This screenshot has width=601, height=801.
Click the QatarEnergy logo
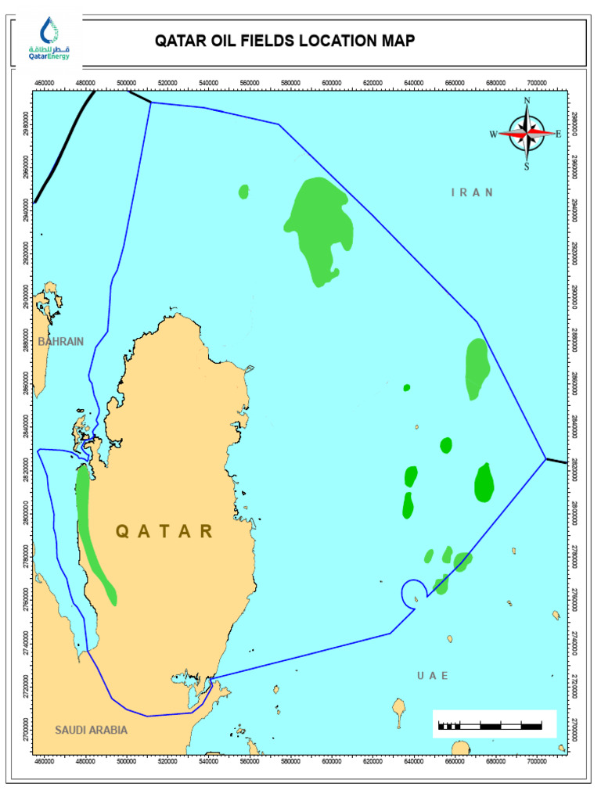tap(49, 38)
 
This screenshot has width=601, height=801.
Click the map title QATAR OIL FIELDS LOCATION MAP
tap(284, 41)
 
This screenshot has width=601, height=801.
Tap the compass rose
tap(527, 134)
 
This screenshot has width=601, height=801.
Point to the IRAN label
tap(473, 192)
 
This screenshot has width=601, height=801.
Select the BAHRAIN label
tap(60, 342)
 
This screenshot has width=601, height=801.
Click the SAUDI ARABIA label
tap(91, 730)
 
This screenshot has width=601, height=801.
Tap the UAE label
tap(433, 675)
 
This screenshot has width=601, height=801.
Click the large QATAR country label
tap(164, 532)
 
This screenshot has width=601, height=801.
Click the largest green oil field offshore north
tap(318, 227)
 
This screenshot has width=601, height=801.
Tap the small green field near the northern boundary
tap(243, 192)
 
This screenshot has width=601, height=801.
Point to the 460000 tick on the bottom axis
tap(44, 760)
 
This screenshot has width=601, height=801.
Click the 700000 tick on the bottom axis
tap(537, 760)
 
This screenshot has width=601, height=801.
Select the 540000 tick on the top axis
tap(209, 82)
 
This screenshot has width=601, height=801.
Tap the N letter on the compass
tap(527, 101)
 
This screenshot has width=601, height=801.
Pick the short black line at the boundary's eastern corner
tap(556, 461)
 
